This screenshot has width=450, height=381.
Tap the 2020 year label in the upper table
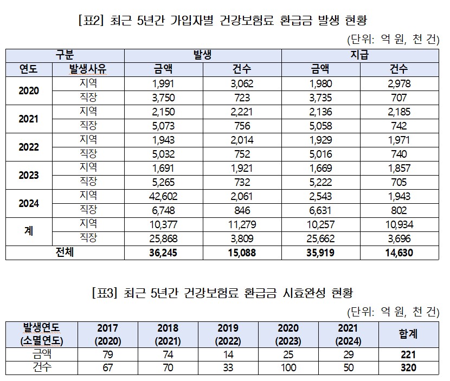29,91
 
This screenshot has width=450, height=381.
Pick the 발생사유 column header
88,69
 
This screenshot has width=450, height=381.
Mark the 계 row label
29,231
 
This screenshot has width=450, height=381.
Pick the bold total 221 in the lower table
408,354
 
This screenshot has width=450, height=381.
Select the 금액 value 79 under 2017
107,354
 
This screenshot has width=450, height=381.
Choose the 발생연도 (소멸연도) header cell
41,335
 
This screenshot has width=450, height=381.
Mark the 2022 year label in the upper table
29,147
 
